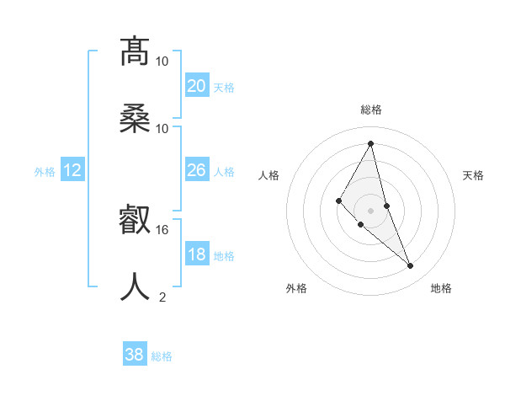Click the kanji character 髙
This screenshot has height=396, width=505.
135,52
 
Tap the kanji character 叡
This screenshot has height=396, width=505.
135,221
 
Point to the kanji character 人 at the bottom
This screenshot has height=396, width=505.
135,287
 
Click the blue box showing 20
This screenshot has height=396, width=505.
196,85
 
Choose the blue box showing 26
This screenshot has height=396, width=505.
196,170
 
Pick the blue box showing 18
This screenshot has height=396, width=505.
196,254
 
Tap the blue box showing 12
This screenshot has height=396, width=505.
72,170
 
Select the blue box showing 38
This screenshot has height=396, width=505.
135,355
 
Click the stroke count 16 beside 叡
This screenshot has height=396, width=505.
162,229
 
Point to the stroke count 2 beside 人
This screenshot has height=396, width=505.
162,297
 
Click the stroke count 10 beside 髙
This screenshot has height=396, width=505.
162,61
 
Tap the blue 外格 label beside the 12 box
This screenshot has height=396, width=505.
45,171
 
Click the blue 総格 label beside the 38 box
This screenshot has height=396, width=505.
162,356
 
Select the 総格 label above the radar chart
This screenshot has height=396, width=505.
371,110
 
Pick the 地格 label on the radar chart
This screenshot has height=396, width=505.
441,288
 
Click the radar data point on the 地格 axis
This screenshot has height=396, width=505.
411,266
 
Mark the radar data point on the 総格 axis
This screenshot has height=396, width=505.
371,143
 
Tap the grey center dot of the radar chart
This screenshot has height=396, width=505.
371,210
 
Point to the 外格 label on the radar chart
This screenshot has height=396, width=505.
296,288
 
